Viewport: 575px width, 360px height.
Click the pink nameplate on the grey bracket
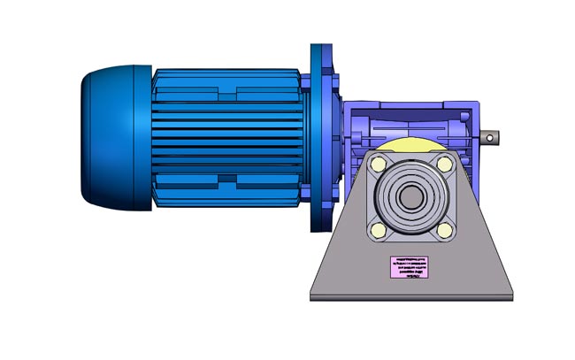410,266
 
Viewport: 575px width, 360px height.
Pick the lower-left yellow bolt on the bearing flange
379,230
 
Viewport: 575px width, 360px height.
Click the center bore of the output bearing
411,197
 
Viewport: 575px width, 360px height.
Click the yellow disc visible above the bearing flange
410,143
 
